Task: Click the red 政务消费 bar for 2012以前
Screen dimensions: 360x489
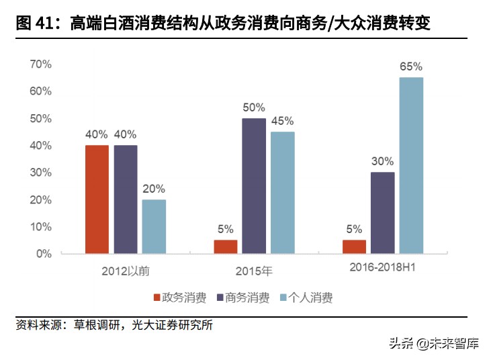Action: tap(97, 199)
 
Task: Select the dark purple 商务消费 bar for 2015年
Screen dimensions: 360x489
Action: tap(254, 186)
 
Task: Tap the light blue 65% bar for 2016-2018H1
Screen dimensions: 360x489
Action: tap(411, 165)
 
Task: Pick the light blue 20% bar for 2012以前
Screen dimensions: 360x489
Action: tap(154, 226)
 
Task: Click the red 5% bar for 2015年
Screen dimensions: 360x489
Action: tap(226, 246)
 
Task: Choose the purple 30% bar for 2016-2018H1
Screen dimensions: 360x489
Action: tap(382, 213)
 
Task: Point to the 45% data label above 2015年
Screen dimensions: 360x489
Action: tap(282, 122)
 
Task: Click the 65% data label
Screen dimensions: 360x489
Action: tap(411, 67)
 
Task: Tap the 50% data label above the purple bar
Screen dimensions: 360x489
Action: tap(254, 107)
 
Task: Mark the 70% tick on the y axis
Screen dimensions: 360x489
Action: tap(40, 64)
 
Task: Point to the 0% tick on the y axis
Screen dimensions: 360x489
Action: tap(43, 254)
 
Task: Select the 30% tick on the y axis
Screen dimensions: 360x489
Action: tap(40, 173)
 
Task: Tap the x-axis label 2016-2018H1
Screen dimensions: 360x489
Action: tap(382, 268)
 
